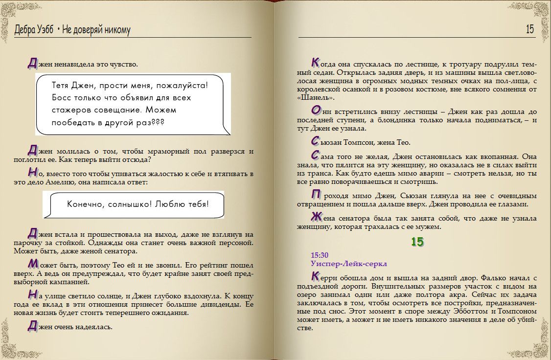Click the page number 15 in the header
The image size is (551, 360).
[530, 30]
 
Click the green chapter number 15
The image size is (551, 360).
[417, 242]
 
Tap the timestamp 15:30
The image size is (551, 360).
[320, 255]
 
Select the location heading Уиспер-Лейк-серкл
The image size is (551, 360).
[349, 264]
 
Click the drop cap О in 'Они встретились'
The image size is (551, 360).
[316, 111]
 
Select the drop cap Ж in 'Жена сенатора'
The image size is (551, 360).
[316, 217]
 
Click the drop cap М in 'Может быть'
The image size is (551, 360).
[32, 263]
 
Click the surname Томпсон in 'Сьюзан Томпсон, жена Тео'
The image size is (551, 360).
[363, 142]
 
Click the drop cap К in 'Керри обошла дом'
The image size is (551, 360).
[316, 276]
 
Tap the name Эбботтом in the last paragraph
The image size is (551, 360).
[466, 319]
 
